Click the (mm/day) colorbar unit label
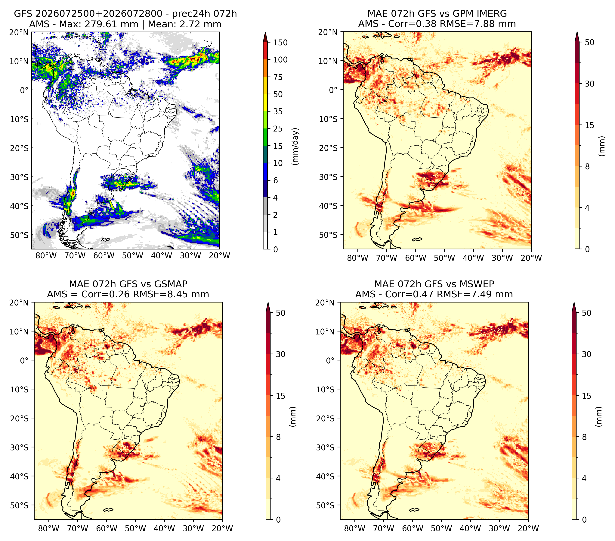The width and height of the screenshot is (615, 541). point(296,146)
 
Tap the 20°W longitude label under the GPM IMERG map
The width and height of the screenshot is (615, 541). point(531,258)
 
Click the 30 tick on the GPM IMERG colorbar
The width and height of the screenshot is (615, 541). point(589,84)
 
